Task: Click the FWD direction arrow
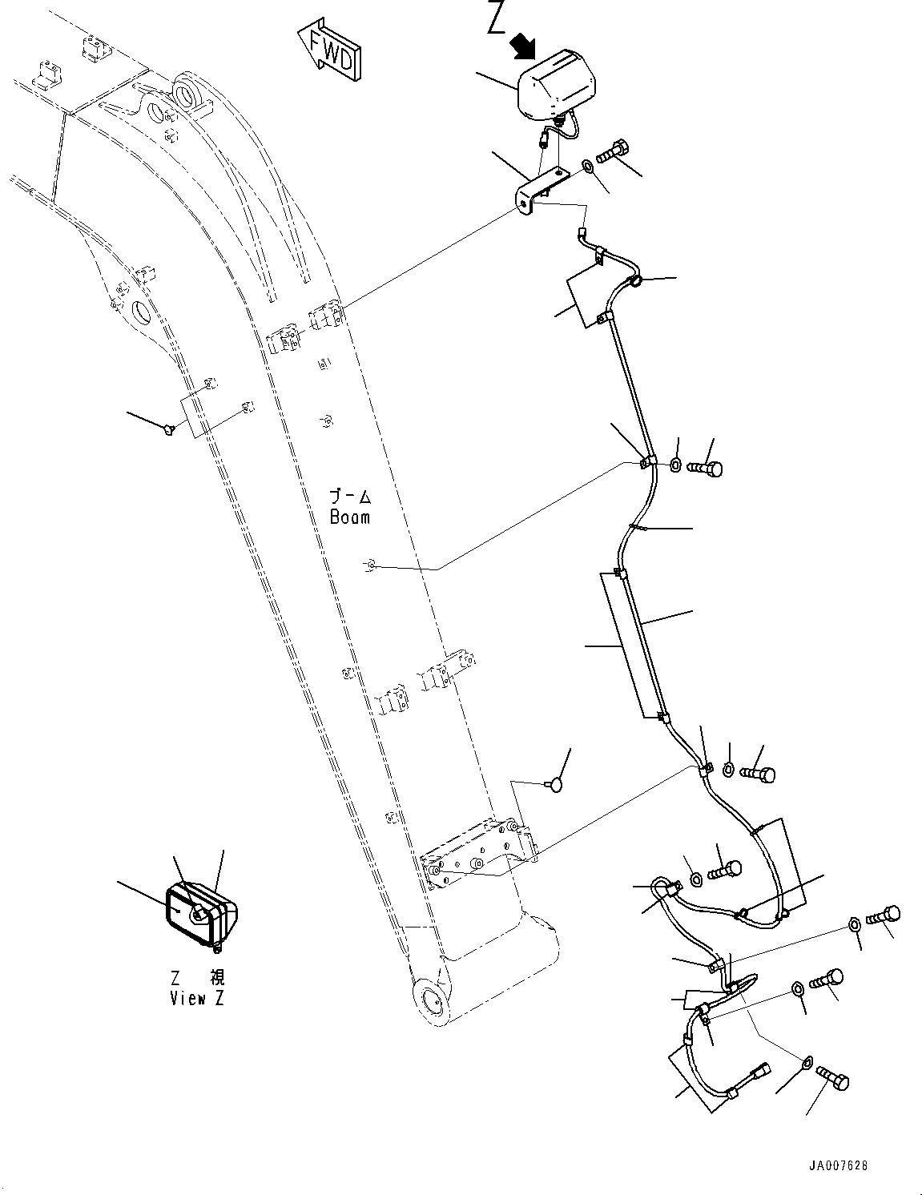pyautogui.click(x=329, y=51)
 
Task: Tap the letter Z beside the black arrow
pyautogui.click(x=497, y=19)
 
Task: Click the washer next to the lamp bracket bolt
pyautogui.click(x=587, y=167)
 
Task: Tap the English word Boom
pyautogui.click(x=350, y=517)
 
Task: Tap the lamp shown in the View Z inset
pyautogui.click(x=200, y=913)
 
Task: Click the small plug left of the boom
pyautogui.click(x=167, y=430)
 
